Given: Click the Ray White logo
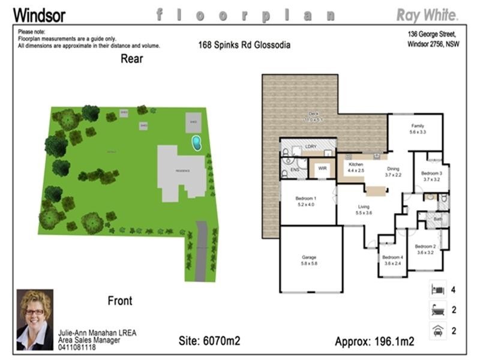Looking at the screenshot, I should pyautogui.click(x=428, y=14).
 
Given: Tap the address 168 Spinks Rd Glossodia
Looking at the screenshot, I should pyautogui.click(x=244, y=45).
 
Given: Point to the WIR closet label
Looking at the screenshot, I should pyautogui.click(x=322, y=169).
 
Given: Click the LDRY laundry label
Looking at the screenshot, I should pyautogui.click(x=311, y=146).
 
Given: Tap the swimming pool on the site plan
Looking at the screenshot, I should pyautogui.click(x=196, y=142).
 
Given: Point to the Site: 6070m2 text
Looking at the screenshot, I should pyautogui.click(x=209, y=341).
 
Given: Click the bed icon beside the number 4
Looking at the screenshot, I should pyautogui.click(x=437, y=290).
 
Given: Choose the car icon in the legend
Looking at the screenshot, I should pyautogui.click(x=437, y=329).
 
